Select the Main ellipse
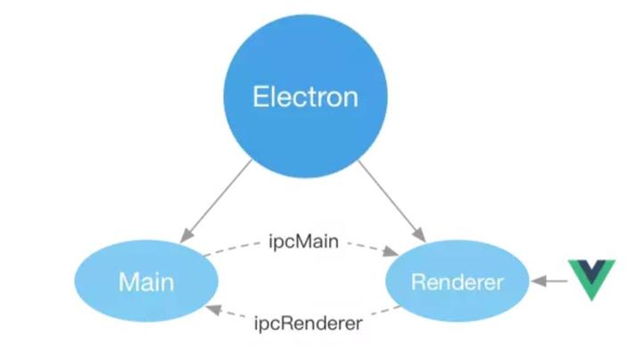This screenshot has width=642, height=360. pyautogui.click(x=145, y=282)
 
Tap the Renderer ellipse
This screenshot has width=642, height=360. pyautogui.click(x=457, y=282)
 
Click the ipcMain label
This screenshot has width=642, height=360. pyautogui.click(x=303, y=241)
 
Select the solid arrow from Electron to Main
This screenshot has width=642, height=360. pyautogui.click(x=217, y=199)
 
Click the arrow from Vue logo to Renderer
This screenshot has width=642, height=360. pyautogui.click(x=548, y=282)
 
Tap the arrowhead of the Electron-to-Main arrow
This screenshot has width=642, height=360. pyautogui.click(x=184, y=236)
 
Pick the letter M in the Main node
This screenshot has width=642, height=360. pyautogui.click(x=128, y=282)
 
